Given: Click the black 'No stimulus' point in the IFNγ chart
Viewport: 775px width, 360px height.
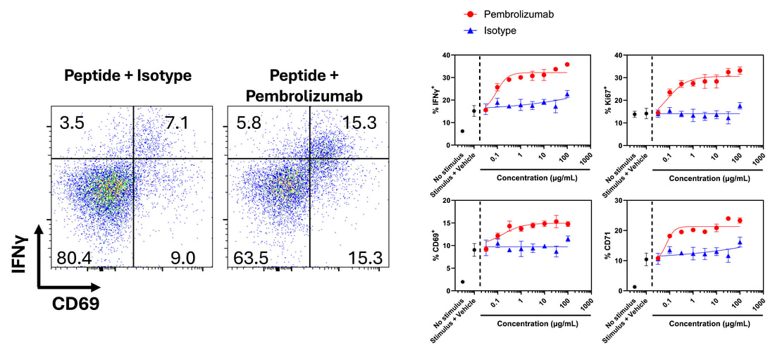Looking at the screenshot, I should point(462,131).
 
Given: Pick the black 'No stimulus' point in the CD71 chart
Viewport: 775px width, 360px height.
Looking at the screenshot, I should point(635,287).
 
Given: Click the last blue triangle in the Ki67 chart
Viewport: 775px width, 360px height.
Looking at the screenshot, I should point(740,106).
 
